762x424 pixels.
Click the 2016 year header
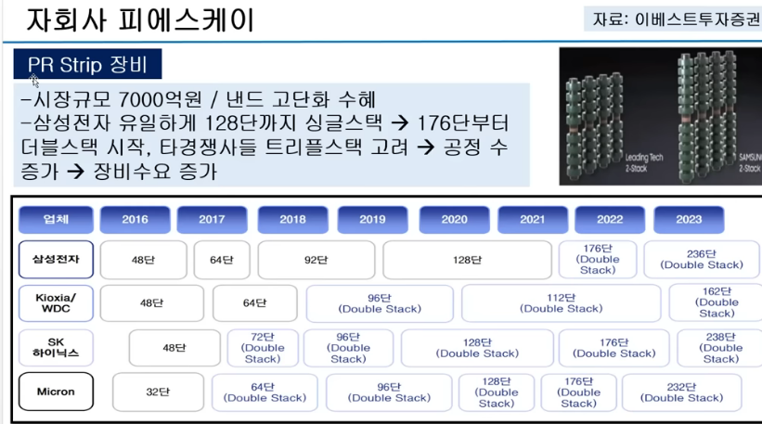(x=135, y=219)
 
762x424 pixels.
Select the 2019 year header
(x=372, y=219)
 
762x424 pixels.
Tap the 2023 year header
(x=690, y=219)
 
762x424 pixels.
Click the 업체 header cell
(x=56, y=219)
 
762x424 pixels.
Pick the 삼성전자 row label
(x=56, y=260)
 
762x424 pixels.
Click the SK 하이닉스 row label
(x=56, y=348)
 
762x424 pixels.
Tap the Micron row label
(x=56, y=392)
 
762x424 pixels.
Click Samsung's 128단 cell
(x=467, y=260)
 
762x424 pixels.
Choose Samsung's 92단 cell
(x=316, y=260)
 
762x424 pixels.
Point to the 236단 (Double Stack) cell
(x=702, y=260)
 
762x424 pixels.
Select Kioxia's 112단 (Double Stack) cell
(x=562, y=303)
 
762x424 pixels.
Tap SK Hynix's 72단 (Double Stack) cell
(x=262, y=348)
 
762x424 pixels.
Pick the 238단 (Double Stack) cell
(x=720, y=348)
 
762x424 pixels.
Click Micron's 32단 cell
(x=158, y=392)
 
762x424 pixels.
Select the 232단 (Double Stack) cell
(x=682, y=392)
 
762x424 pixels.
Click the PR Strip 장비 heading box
(x=88, y=66)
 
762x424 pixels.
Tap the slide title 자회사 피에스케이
(x=139, y=19)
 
